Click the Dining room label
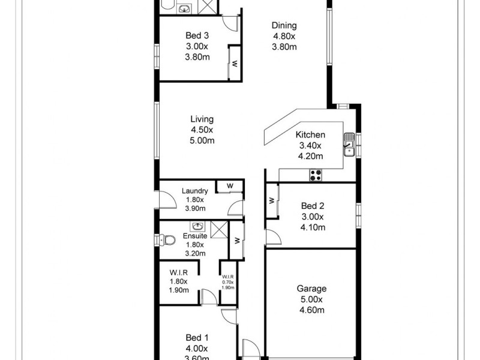(284, 25)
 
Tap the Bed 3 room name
(196, 35)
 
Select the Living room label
(202, 119)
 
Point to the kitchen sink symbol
(349, 144)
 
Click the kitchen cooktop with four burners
(315, 175)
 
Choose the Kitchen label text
(310, 135)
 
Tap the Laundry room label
(195, 191)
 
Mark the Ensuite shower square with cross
(219, 229)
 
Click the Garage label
(311, 289)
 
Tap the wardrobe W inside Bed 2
(272, 199)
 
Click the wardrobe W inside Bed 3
(235, 63)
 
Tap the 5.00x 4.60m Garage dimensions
(311, 305)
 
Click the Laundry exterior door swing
(166, 200)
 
